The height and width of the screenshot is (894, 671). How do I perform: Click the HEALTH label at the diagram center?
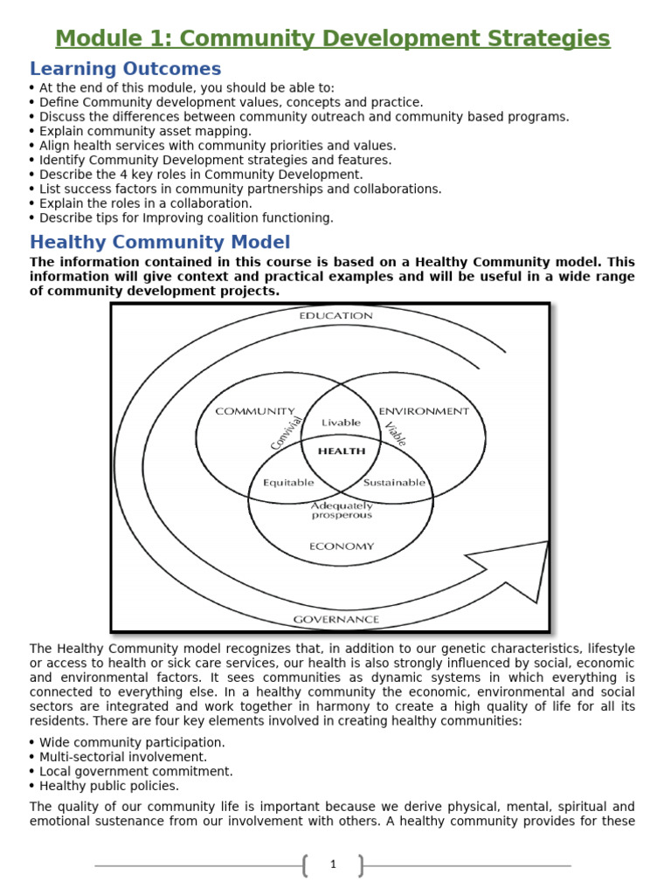341,451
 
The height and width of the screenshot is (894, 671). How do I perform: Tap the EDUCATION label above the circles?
335,315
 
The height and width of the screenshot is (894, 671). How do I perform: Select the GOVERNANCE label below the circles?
336,619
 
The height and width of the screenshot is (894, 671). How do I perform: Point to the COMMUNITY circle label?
255,411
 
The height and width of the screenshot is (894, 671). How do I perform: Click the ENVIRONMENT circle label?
423,411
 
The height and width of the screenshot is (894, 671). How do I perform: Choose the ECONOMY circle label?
341,547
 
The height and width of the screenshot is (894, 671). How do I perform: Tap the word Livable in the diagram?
341,423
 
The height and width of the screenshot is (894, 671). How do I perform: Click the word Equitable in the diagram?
288,482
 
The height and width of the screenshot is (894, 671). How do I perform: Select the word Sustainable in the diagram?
394,482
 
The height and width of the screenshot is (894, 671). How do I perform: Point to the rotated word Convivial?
287,433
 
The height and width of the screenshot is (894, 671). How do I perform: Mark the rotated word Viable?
395,434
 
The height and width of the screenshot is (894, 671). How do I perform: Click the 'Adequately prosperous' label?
342,510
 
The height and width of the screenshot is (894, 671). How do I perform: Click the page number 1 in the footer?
333,864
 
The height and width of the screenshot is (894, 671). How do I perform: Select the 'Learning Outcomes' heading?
125,69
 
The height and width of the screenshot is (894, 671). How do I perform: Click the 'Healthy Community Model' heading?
160,242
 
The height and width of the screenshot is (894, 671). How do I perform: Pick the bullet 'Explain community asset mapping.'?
145,131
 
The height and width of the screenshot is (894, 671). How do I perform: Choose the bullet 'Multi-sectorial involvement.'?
123,757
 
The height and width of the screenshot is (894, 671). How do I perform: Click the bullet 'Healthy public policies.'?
109,786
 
